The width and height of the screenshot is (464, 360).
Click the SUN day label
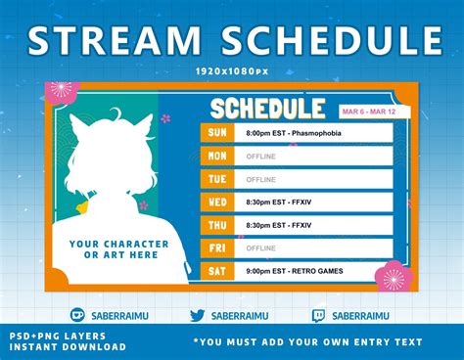[x=215, y=132]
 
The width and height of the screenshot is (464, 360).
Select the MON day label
[x=215, y=156]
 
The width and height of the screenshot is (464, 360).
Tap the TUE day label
[x=215, y=179]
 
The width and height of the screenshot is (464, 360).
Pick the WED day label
[x=215, y=202]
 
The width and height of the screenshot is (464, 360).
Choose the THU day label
[x=215, y=225]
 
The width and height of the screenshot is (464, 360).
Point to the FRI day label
[x=215, y=248]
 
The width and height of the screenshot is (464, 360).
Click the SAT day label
[x=215, y=271]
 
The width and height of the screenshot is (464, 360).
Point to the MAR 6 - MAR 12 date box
[x=369, y=112]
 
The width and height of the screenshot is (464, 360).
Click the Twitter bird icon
[x=197, y=315]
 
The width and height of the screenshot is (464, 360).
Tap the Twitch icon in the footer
[x=318, y=315]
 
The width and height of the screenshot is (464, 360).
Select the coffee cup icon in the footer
[x=77, y=315]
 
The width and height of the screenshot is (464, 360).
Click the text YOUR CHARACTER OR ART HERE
[x=101, y=248]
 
